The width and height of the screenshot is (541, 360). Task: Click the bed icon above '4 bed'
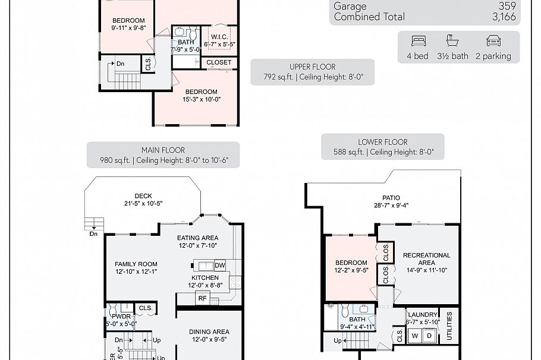click(x=419, y=40)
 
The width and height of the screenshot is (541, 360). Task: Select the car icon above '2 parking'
click(x=493, y=40)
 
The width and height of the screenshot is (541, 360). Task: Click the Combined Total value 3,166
click(x=504, y=17)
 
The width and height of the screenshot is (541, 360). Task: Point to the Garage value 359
click(x=508, y=6)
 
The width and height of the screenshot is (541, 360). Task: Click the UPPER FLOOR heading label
click(x=312, y=67)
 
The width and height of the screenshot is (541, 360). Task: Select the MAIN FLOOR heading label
click(x=163, y=150)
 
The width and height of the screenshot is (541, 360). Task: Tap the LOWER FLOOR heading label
click(x=383, y=142)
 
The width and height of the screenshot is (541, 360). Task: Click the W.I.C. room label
click(x=219, y=36)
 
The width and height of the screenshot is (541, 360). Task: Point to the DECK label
click(x=143, y=196)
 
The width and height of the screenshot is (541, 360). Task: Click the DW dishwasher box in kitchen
click(x=219, y=265)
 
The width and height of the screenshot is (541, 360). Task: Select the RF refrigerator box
click(x=203, y=298)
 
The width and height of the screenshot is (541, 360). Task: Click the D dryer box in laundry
click(x=430, y=335)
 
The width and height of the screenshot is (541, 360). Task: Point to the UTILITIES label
click(x=449, y=326)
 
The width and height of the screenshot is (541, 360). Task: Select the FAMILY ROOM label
click(x=136, y=264)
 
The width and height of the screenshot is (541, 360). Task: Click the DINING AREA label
click(x=209, y=331)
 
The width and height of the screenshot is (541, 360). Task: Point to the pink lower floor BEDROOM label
click(x=351, y=263)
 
